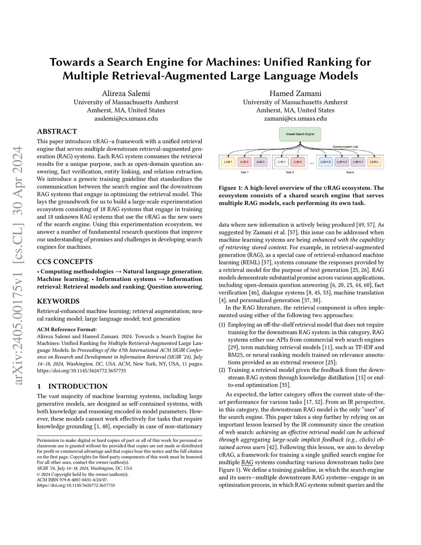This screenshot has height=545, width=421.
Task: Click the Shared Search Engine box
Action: [300, 134]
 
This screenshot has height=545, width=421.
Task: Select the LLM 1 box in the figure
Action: [228, 162]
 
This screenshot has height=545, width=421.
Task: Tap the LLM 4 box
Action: [281, 162]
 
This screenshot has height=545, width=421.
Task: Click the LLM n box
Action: [374, 162]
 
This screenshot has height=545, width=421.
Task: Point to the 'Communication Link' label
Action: [345, 147]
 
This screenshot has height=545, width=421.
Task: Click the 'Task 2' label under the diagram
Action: [290, 172]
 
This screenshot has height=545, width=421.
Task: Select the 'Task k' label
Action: [350, 172]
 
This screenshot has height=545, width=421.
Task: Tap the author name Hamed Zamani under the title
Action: [295, 93]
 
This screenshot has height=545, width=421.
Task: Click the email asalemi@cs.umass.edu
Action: [126, 118]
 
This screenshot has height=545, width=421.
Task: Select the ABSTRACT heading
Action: [57, 132]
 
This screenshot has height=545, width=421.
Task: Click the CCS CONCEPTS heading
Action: [65, 262]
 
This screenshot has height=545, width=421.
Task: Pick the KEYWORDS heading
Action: [58, 301]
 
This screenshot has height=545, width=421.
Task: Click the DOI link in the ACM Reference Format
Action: [81, 371]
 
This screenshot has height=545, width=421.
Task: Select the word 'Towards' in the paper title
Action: [76, 62]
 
